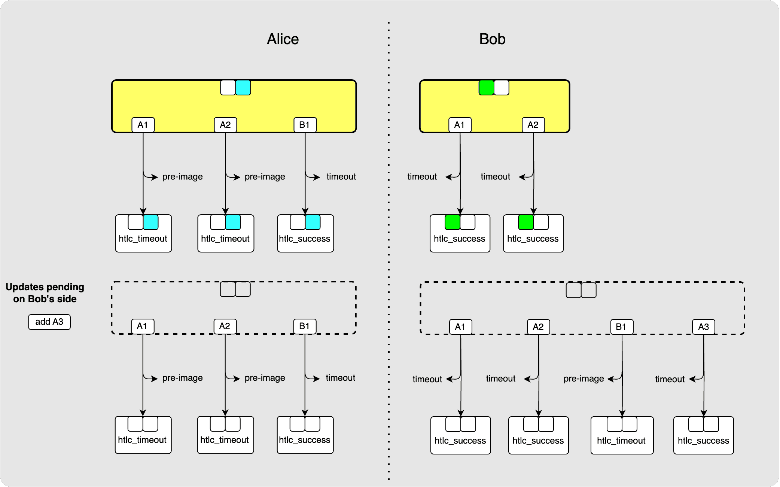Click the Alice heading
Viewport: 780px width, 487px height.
pos(283,39)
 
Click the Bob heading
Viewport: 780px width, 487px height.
pos(492,39)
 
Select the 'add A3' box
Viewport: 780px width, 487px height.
pos(49,322)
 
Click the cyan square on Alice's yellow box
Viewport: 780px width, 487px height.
pos(243,88)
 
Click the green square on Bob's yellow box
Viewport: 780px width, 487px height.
pos(486,88)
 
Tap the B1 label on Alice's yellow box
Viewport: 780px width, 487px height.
pos(305,125)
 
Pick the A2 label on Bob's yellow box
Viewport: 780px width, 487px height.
pos(533,125)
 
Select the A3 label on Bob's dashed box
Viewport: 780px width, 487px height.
pos(703,327)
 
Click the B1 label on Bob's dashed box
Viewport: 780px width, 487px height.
pos(621,327)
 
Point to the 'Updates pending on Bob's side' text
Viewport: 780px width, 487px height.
pos(45,293)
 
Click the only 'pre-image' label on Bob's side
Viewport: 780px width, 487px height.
pos(584,379)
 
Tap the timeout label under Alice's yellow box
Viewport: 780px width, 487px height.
pos(341,177)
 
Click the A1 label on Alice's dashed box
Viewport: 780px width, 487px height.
pos(142,326)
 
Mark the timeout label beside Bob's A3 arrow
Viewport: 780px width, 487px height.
pos(670,379)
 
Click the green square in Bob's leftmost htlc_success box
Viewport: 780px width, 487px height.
pos(452,222)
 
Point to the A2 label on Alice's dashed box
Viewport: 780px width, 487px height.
pos(225,326)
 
